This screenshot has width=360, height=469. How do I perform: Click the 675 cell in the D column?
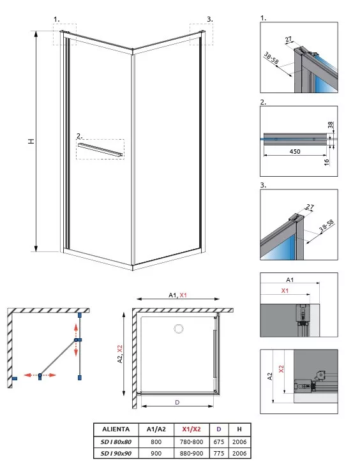pos(219,442)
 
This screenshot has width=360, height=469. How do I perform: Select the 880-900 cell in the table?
pos(191,453)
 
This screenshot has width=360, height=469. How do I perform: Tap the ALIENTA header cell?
pos(116,429)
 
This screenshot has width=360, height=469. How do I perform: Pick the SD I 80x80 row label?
pos(116,442)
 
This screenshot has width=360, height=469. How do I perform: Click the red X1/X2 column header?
pos(191,429)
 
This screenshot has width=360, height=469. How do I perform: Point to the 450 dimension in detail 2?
pos(295,152)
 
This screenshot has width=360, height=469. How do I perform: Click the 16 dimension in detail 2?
pos(327,162)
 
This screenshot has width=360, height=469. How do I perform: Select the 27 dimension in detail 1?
pos(289,40)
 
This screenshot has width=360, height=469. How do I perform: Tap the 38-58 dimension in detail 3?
pos(326,226)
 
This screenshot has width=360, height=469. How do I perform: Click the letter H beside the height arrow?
pos(31,141)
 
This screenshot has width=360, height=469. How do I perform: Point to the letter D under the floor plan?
pos(177,402)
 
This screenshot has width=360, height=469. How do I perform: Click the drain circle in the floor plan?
pos(179,329)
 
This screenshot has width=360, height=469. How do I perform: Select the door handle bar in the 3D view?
pos(100,149)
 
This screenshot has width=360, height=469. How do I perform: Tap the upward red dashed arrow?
pos(76,331)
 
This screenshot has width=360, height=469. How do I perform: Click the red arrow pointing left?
pos(31,375)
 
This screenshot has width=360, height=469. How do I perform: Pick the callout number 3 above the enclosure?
pos(210,19)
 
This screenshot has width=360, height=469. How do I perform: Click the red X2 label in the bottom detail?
pos(281,369)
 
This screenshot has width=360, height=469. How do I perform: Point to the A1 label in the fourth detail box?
pos(290,280)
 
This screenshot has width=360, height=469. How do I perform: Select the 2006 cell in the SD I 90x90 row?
pos(239,453)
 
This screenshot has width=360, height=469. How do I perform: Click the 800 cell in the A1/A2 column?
pos(156,442)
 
